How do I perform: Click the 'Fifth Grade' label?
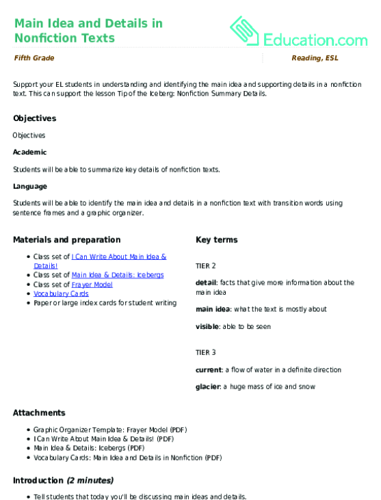click(x=34, y=58)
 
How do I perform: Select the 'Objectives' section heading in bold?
click(x=34, y=118)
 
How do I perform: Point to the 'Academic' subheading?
click(x=30, y=152)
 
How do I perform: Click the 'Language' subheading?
click(x=30, y=185)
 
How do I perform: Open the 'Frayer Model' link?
click(x=92, y=284)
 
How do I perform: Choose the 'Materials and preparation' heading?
click(x=66, y=239)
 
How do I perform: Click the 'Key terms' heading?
click(x=216, y=239)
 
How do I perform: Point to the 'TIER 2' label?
click(x=205, y=265)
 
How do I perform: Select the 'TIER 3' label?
click(x=205, y=352)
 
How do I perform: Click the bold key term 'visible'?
click(x=207, y=326)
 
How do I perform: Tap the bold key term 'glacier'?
click(x=208, y=387)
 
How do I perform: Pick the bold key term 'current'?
click(x=208, y=370)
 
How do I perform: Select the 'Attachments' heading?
click(x=39, y=413)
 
